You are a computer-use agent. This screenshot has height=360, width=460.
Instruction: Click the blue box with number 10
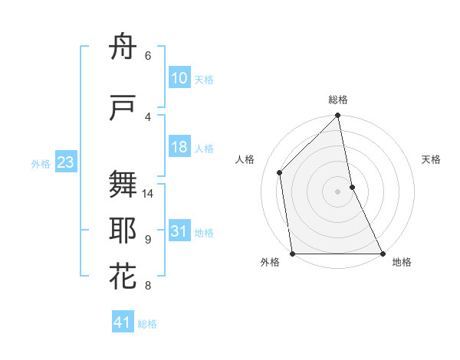[179, 78]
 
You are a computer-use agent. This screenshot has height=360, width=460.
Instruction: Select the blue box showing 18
[179, 148]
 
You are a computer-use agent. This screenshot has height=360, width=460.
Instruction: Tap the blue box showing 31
[179, 231]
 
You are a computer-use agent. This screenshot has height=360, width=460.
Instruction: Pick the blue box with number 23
[66, 162]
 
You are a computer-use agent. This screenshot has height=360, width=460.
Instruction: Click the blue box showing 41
[123, 323]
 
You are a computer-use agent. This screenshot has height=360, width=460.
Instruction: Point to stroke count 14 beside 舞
[148, 194]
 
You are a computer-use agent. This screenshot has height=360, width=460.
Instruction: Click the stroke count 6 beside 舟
[148, 55]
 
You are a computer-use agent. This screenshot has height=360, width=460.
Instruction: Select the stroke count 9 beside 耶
[148, 240]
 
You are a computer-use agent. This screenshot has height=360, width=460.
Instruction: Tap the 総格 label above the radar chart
[338, 100]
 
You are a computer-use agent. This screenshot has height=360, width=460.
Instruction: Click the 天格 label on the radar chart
[432, 159]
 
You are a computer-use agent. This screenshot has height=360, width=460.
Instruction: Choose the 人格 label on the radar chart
[245, 159]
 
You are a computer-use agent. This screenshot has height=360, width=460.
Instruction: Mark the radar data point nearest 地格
[382, 254]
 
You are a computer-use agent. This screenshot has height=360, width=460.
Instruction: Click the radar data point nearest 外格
[293, 254]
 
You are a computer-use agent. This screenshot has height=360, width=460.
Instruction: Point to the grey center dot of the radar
[337, 191]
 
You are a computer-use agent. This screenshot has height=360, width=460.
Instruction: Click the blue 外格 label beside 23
[41, 163]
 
